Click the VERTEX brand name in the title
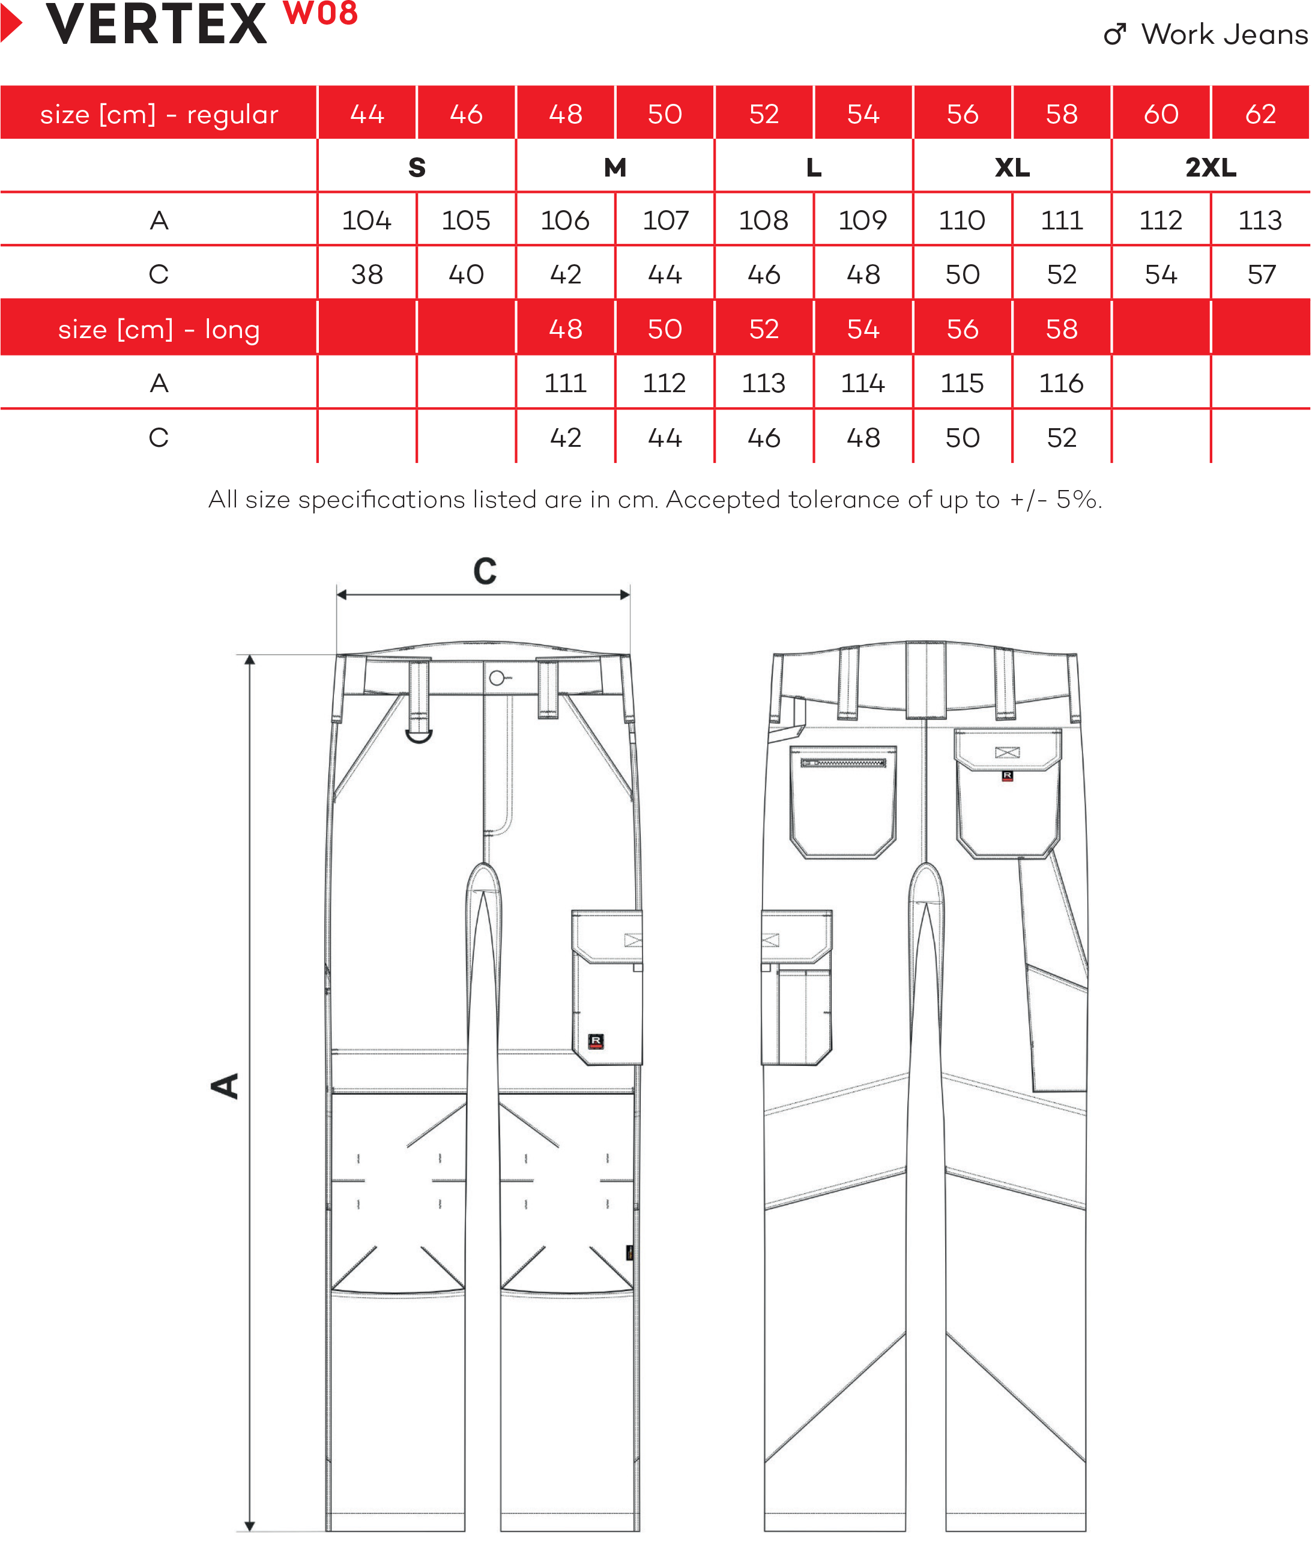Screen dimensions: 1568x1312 coord(156,25)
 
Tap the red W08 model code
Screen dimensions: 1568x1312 coord(321,13)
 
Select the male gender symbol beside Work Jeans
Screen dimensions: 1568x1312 coord(1114,34)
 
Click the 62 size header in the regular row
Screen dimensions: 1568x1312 coord(1260,114)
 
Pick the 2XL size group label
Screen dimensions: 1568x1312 coord(1211,168)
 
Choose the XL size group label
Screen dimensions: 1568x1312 coord(1012,168)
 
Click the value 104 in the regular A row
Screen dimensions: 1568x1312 coord(367,220)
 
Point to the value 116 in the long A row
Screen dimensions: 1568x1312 coord(1061,383)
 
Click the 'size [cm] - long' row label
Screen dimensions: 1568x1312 coord(159,328)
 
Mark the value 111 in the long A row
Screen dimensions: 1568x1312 coord(565,383)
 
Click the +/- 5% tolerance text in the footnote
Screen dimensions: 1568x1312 coord(1055,500)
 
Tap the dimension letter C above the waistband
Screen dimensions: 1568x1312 coord(485,572)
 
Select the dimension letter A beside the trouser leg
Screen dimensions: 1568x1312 coord(225,1086)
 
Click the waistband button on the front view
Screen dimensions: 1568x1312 coord(497,678)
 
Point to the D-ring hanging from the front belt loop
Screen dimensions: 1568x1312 coord(419,736)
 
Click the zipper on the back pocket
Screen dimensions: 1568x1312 coord(843,762)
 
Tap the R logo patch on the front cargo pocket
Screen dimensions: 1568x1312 coord(596,1041)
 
